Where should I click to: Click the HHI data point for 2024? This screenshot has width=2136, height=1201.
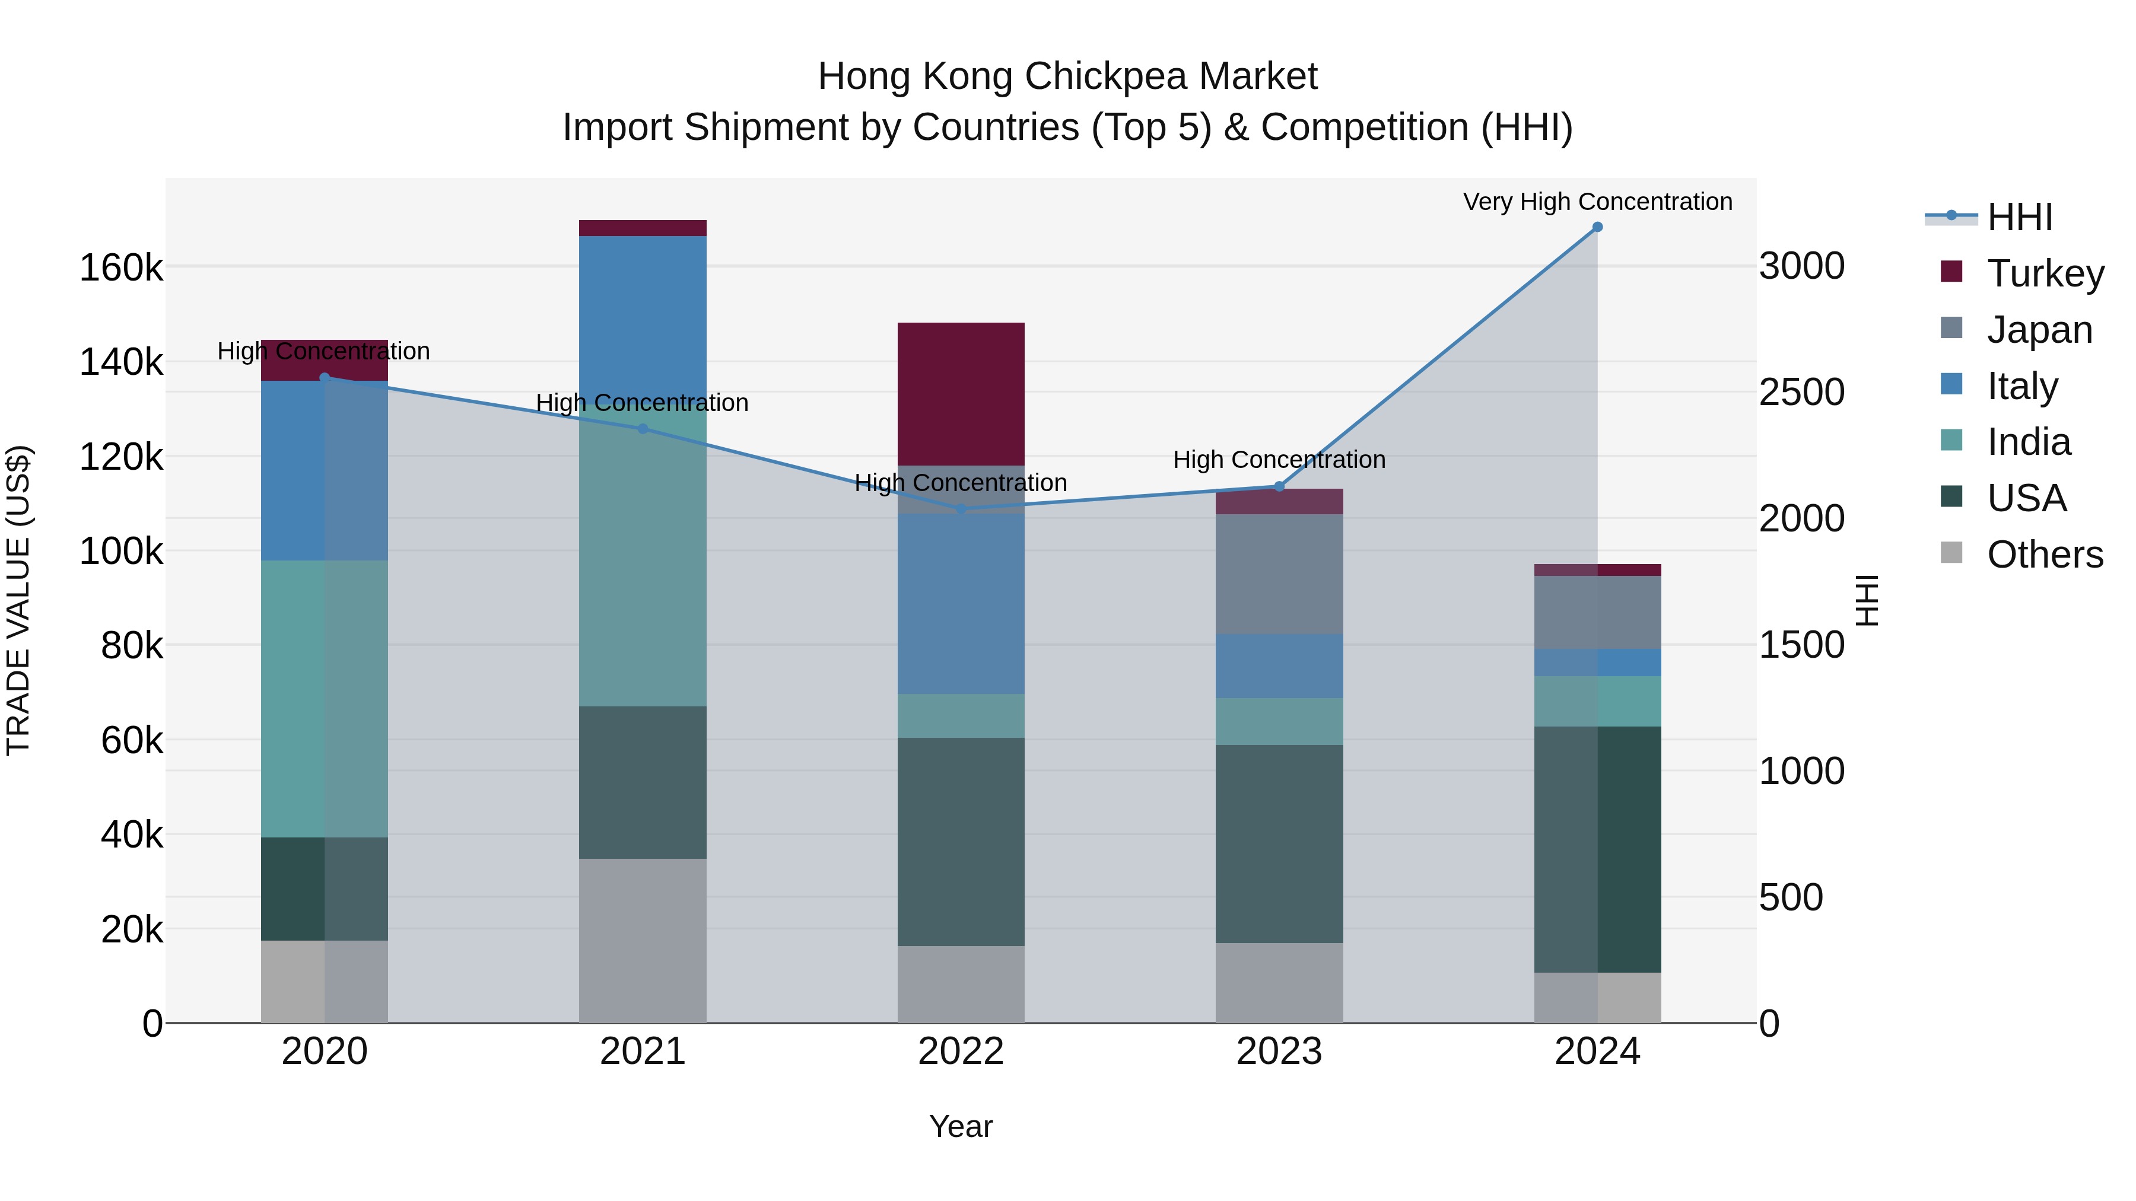(1597, 227)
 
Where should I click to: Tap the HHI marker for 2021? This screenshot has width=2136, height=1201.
(643, 429)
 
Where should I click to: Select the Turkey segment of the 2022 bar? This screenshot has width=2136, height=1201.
(961, 394)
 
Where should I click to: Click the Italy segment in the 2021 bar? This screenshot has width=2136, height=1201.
(643, 323)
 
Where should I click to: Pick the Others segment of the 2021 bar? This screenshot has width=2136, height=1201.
(643, 941)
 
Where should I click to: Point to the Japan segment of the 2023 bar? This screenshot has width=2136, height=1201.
(1279, 574)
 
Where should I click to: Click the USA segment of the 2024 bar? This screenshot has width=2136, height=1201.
(1597, 849)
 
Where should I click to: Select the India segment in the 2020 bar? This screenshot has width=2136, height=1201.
(324, 699)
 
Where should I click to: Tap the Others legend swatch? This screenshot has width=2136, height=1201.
(1952, 553)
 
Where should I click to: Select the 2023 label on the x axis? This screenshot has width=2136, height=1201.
(1279, 1052)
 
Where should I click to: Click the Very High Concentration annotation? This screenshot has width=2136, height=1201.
(1597, 202)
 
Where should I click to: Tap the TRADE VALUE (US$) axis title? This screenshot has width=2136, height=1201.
(18, 600)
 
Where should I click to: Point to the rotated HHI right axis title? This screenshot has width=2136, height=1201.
(1867, 600)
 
